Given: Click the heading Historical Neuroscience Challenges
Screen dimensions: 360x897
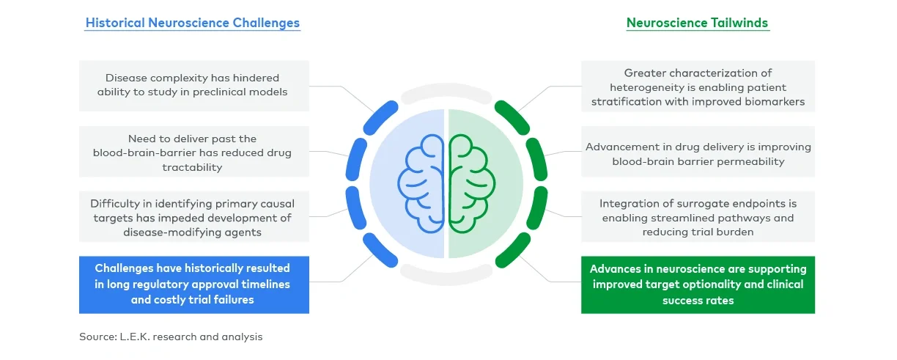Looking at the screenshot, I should [x=193, y=23].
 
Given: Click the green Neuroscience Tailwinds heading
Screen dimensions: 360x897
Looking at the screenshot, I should [x=697, y=23].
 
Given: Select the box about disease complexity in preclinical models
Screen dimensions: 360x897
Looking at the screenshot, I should [x=193, y=85].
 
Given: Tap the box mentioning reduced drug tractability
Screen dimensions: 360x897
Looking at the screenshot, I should [x=193, y=153].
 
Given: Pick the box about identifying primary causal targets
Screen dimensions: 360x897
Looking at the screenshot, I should [x=193, y=218].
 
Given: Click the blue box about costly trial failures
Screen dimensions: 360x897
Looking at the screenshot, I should [x=193, y=284].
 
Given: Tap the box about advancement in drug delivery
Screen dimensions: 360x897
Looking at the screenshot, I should [x=698, y=154].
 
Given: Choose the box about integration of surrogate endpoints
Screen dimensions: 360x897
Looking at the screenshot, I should [x=698, y=218].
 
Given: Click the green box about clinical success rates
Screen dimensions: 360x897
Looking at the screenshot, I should [x=698, y=284].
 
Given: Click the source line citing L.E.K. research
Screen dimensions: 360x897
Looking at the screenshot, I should [x=171, y=337].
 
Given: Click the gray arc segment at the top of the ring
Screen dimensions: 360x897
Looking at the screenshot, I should [x=446, y=90].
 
